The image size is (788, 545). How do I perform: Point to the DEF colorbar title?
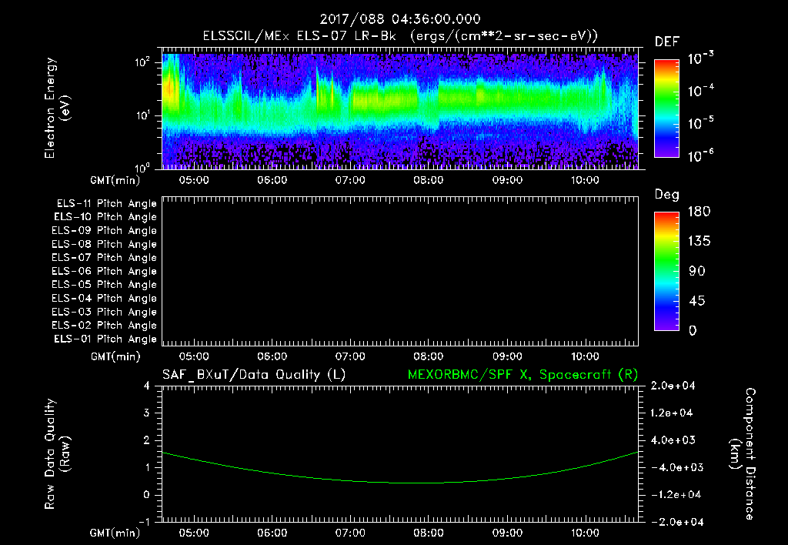[666, 42]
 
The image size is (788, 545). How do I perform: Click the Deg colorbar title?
[666, 195]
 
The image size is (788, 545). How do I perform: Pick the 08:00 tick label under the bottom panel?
[428, 533]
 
